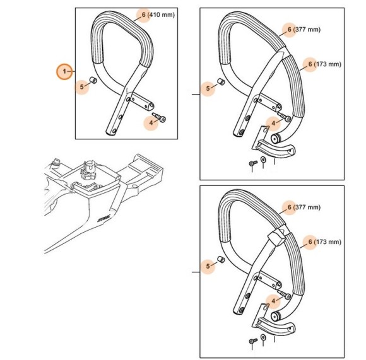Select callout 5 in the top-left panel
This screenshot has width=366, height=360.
(81, 86)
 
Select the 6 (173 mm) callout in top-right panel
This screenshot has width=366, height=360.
(324, 64)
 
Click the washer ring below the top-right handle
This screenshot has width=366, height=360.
(263, 163)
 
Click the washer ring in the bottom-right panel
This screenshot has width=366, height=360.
(263, 341)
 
